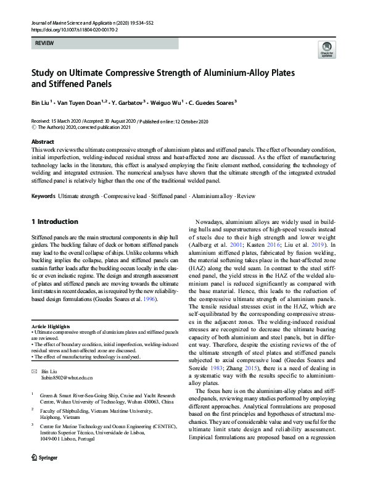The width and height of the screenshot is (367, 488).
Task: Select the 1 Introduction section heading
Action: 54,221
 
